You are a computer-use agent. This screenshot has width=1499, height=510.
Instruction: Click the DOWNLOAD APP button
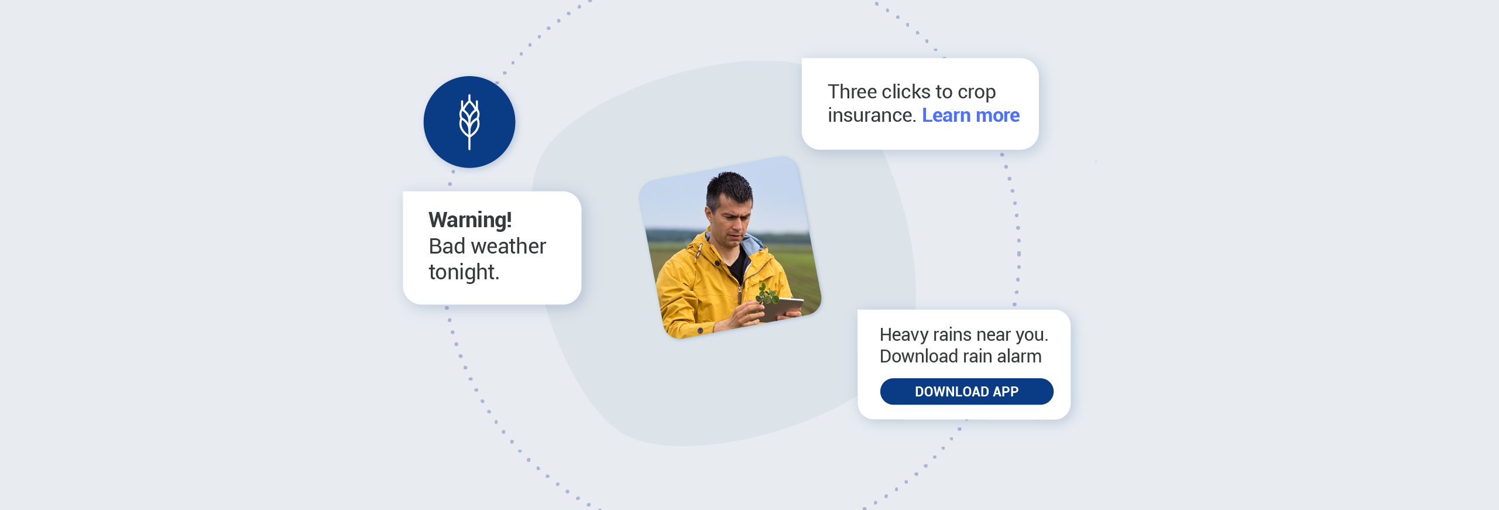pos(966,391)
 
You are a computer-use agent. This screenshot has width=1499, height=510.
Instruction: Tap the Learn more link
pos(970,115)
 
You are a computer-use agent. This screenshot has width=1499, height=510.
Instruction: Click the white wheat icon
pos(469,122)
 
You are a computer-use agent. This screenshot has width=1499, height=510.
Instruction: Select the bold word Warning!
pos(470,220)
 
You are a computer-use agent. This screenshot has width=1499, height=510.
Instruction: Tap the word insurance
pos(871,115)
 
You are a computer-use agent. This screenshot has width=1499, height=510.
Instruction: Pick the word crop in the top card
pos(976,93)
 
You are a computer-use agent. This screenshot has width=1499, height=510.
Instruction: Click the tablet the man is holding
pos(787,307)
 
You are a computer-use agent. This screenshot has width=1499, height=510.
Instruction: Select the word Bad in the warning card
pos(447,247)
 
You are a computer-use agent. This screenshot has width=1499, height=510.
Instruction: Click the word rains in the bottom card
pos(952,334)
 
